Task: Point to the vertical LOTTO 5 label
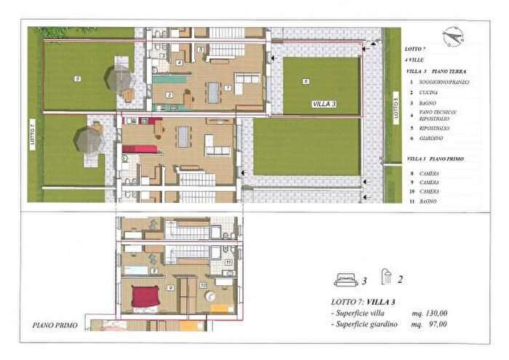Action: (396, 110)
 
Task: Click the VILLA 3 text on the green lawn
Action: (324, 104)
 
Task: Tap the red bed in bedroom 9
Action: (145, 296)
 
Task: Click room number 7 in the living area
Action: (228, 88)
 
